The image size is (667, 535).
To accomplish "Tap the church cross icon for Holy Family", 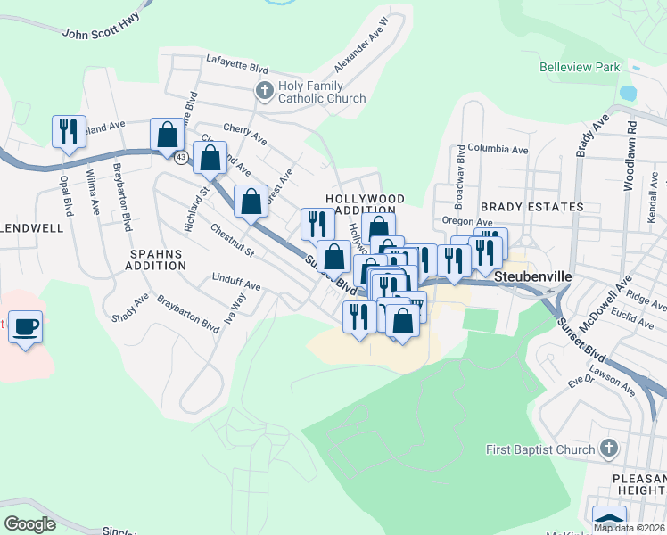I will pyautogui.click(x=264, y=91).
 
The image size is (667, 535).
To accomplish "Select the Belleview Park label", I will pyautogui.click(x=579, y=67).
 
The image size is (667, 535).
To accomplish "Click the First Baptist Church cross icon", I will pyautogui.click(x=608, y=448).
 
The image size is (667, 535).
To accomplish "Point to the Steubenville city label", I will pyautogui.click(x=533, y=277).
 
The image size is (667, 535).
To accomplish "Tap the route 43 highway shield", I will pyautogui.click(x=181, y=157).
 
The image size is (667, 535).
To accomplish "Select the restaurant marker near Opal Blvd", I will pyautogui.click(x=69, y=132).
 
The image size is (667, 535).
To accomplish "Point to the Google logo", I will pyautogui.click(x=30, y=524).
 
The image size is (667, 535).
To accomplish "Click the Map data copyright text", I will pyautogui.click(x=628, y=528).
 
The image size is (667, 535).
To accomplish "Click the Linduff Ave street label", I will pyautogui.click(x=236, y=281).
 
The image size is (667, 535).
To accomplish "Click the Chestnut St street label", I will pyautogui.click(x=232, y=242).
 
